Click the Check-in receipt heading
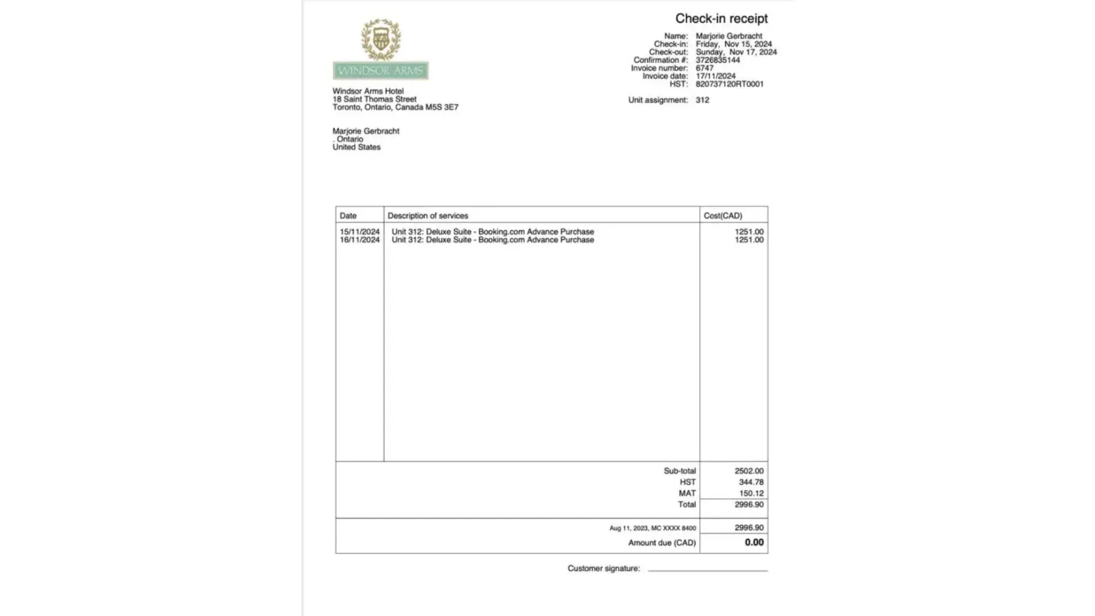coord(721,18)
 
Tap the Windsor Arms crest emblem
coord(381,39)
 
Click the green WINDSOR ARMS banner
coord(381,71)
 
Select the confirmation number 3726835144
coord(717,60)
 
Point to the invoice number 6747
coord(705,68)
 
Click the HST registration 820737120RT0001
coord(729,84)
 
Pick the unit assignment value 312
coord(702,100)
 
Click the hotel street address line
coord(374,99)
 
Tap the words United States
coord(357,147)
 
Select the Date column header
coord(348,216)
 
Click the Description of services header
coord(428,216)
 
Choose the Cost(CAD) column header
coord(723,216)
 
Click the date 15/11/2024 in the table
coord(360,232)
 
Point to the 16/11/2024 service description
coord(493,240)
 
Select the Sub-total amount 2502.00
coord(749,471)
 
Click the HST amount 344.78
coord(751,482)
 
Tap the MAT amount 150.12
coord(751,493)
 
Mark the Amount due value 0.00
coord(754,543)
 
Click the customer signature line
coord(708,569)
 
